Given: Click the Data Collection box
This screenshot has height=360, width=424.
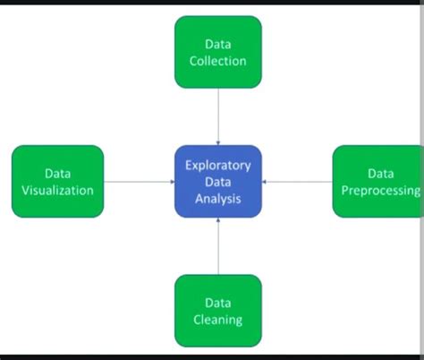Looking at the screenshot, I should [218, 52].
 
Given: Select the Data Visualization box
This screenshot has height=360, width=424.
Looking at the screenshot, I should [58, 181].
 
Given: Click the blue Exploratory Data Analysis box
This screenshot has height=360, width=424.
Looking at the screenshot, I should [218, 181].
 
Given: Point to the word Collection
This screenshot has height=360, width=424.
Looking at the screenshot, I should [218, 61].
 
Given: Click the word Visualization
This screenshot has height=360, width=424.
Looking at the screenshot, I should [58, 190].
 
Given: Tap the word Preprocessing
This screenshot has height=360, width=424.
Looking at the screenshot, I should [381, 190].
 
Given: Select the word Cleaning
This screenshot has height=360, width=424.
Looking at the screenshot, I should [218, 320].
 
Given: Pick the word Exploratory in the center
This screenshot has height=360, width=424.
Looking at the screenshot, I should [218, 165].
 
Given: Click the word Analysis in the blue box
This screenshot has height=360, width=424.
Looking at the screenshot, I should [218, 198].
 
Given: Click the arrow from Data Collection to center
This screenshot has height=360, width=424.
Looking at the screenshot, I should [218, 116].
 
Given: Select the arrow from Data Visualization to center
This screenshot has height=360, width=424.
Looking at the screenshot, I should [139, 182].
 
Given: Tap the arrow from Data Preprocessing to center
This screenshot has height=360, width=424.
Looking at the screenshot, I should [297, 182].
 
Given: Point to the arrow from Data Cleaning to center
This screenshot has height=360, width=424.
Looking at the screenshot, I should [218, 246].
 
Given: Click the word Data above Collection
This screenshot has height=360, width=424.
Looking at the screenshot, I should [218, 43].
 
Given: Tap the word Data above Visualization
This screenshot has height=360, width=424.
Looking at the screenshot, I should [58, 173].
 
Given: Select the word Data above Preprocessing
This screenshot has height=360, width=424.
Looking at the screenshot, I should [381, 173].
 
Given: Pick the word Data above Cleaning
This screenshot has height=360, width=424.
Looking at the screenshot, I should [218, 303].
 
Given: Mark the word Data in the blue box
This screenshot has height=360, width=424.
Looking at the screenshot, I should [218, 181].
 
